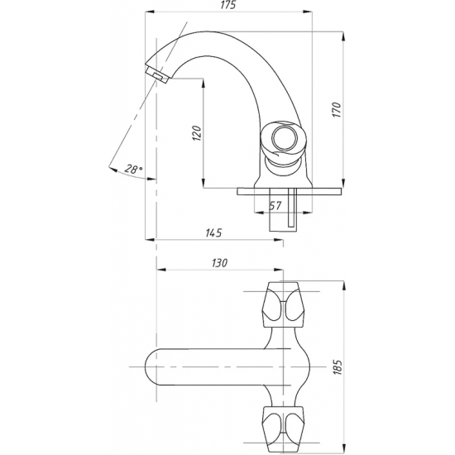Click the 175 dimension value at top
click(x=228, y=5)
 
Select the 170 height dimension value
click(x=337, y=109)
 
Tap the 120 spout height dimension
click(x=197, y=133)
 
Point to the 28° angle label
click(x=134, y=169)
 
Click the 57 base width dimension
click(x=275, y=205)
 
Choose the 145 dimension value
click(x=213, y=232)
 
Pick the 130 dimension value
click(x=219, y=263)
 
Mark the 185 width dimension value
click(x=337, y=367)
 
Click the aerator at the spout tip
click(x=157, y=74)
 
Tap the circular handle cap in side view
click(x=284, y=138)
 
